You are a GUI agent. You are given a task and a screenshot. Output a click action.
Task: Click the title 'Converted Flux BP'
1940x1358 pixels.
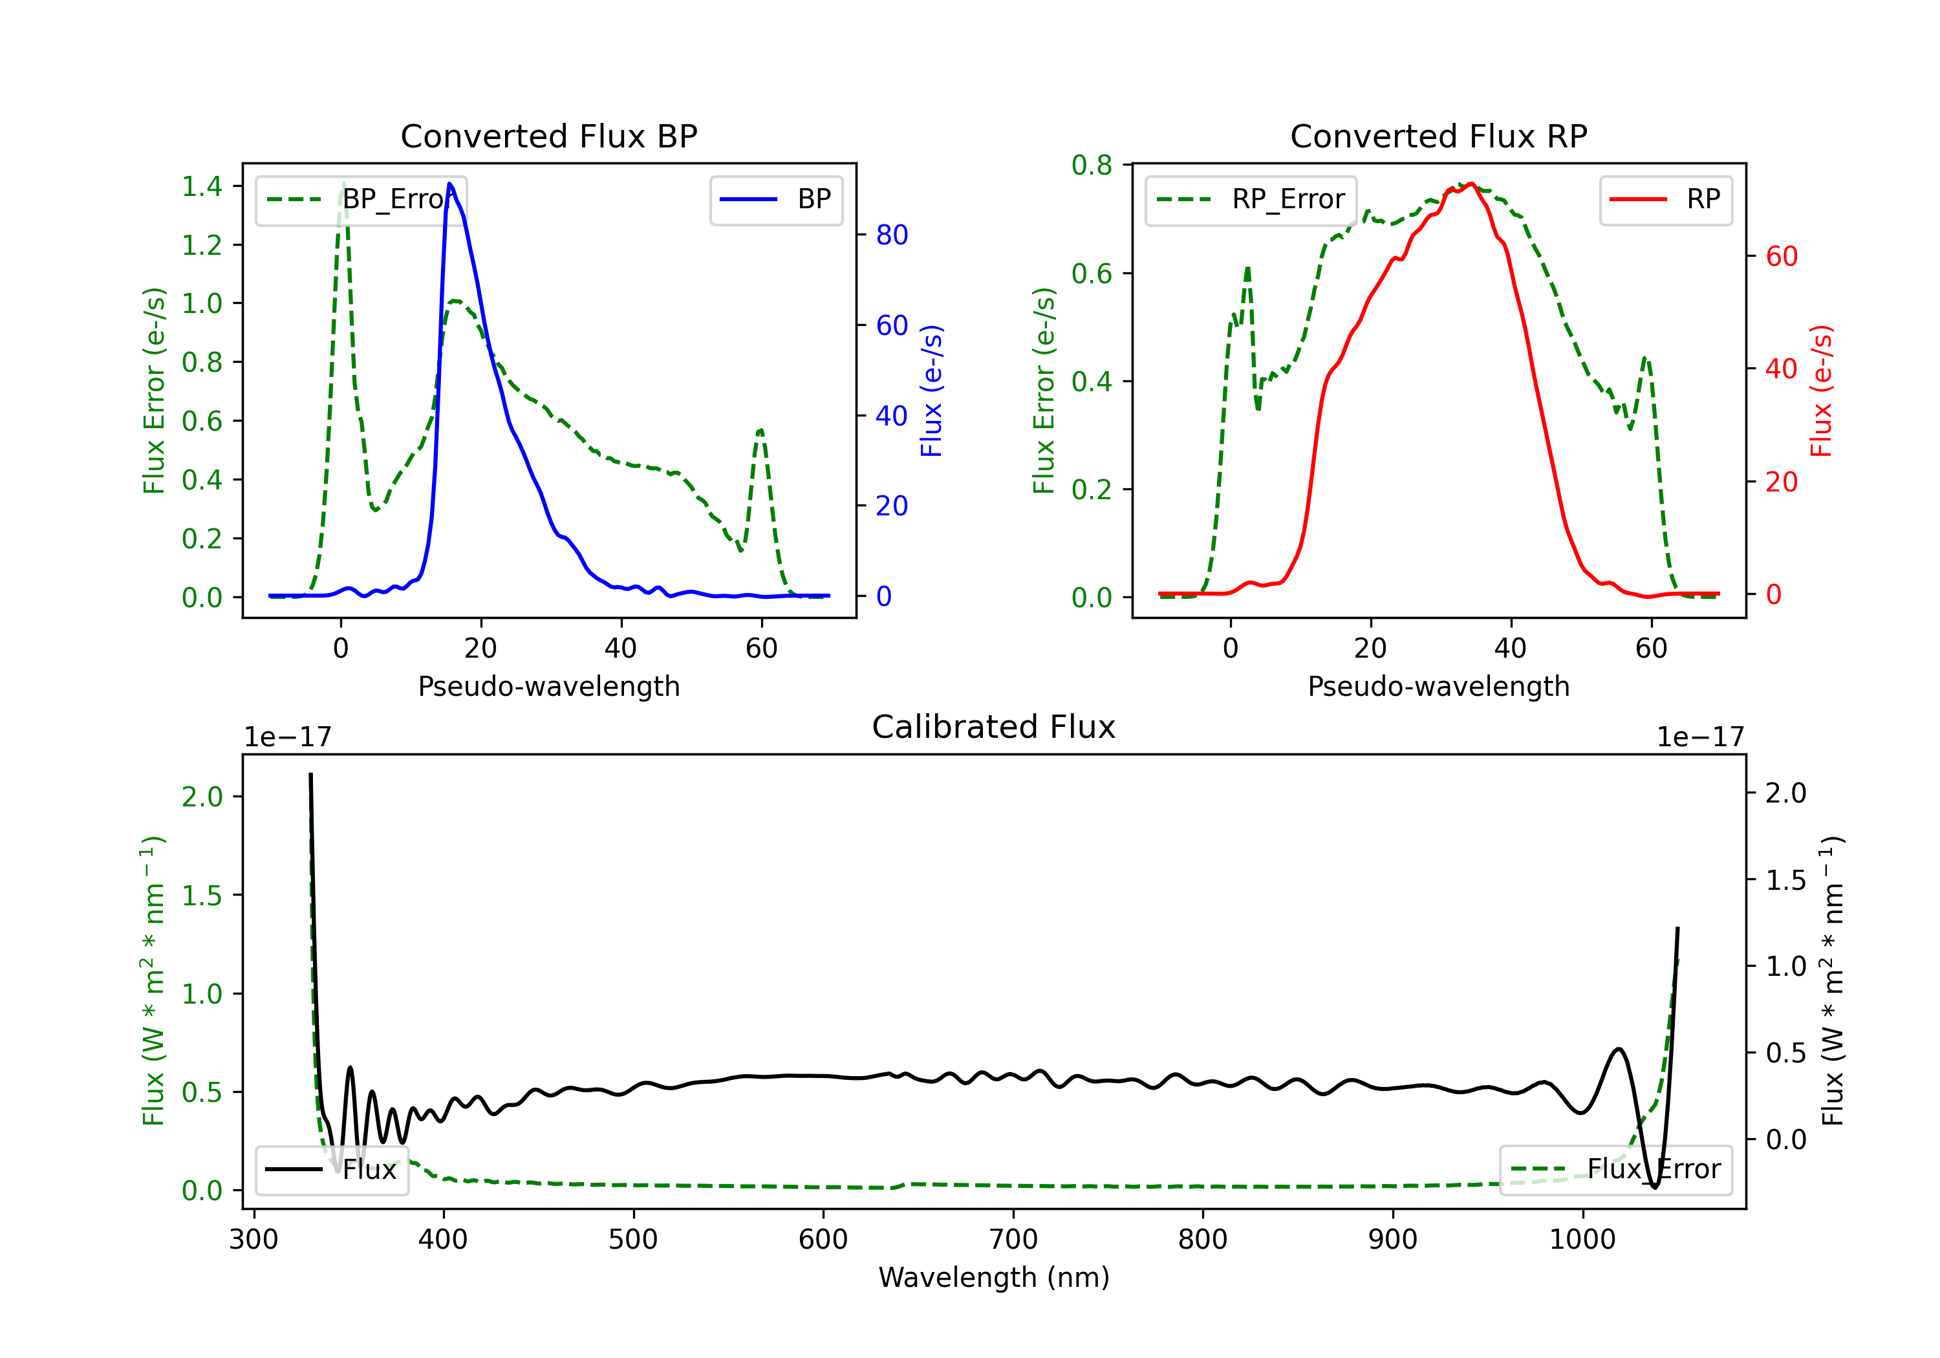548,136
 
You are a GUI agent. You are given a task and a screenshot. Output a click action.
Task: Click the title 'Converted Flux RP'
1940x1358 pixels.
1438,136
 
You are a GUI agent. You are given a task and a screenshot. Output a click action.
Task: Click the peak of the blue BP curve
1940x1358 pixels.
449,184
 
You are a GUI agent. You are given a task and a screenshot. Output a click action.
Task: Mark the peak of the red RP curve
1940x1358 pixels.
1471,184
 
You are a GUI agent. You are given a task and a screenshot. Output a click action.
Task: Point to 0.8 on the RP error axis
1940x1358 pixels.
1091,165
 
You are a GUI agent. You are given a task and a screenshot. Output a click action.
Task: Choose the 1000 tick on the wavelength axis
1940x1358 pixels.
1582,1240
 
